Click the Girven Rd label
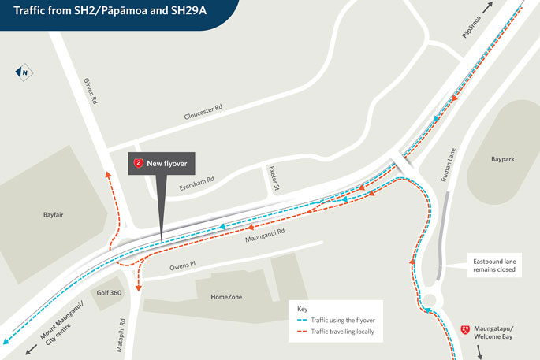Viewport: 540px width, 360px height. click(89, 92)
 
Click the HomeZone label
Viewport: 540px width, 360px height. click(228, 297)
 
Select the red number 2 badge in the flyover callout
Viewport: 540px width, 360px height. click(139, 163)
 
